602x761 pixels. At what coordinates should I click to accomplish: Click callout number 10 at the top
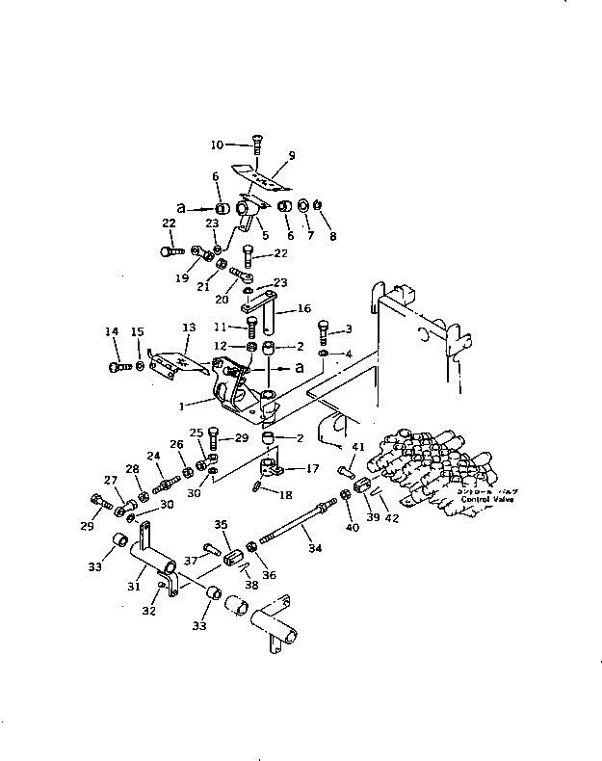[x=217, y=144]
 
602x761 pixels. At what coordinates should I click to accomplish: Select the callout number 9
[x=291, y=155]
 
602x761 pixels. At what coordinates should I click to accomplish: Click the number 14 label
[x=112, y=332]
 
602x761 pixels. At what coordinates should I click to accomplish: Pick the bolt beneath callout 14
[x=117, y=366]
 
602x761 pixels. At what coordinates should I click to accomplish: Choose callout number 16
[x=303, y=310]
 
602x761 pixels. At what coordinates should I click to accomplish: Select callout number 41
[x=357, y=447]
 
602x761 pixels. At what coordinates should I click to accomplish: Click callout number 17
[x=312, y=470]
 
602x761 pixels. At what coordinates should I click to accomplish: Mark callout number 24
[x=153, y=456]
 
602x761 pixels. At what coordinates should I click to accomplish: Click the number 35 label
[x=221, y=525]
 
